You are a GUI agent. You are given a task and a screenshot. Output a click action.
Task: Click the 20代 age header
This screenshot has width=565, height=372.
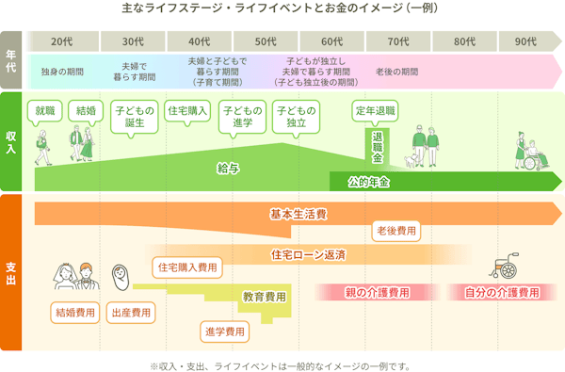(x=62, y=41)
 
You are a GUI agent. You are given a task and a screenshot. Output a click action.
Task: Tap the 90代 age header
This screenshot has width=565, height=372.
(x=525, y=41)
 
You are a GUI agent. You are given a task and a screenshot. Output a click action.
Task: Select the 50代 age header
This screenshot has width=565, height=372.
(x=266, y=41)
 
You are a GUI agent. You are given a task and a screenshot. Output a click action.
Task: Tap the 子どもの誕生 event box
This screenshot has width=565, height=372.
(x=134, y=116)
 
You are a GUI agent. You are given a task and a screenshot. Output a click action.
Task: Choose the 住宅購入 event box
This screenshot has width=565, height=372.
(x=186, y=110)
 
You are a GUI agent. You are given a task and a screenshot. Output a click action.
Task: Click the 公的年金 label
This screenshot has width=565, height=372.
(x=369, y=181)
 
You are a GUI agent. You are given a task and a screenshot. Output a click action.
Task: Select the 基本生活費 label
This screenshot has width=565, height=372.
(x=298, y=214)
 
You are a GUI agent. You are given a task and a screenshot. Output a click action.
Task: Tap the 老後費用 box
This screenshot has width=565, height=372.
(x=396, y=231)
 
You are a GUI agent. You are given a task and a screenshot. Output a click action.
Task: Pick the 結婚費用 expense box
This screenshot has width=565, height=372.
(x=74, y=312)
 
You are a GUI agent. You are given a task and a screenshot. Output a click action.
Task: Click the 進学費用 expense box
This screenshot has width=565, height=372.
(x=224, y=332)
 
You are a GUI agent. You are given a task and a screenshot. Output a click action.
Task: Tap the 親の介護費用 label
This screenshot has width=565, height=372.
(x=377, y=293)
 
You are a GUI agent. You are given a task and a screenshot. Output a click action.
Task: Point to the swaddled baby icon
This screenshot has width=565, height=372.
(x=121, y=278)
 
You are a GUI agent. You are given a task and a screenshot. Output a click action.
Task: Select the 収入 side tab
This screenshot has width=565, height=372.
(x=11, y=141)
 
